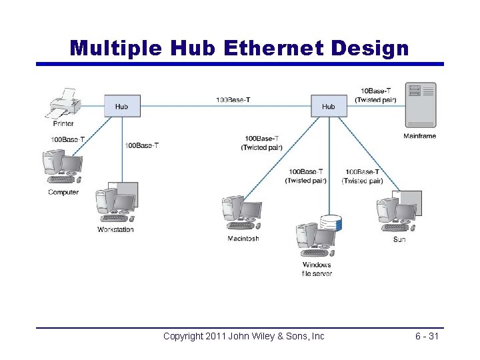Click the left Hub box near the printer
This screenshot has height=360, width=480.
coord(122,107)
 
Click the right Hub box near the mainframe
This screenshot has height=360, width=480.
coord(329,107)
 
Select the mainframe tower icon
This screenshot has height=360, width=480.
coord(421,105)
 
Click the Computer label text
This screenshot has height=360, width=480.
coord(63,193)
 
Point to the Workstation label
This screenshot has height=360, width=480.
coord(115,230)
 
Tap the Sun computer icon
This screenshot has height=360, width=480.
coord(399,212)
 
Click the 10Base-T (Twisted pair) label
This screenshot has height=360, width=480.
coord(376,95)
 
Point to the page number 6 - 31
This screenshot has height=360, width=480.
coord(427,336)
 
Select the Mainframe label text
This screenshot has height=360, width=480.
coord(420,137)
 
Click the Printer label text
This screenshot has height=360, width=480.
coord(64,124)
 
